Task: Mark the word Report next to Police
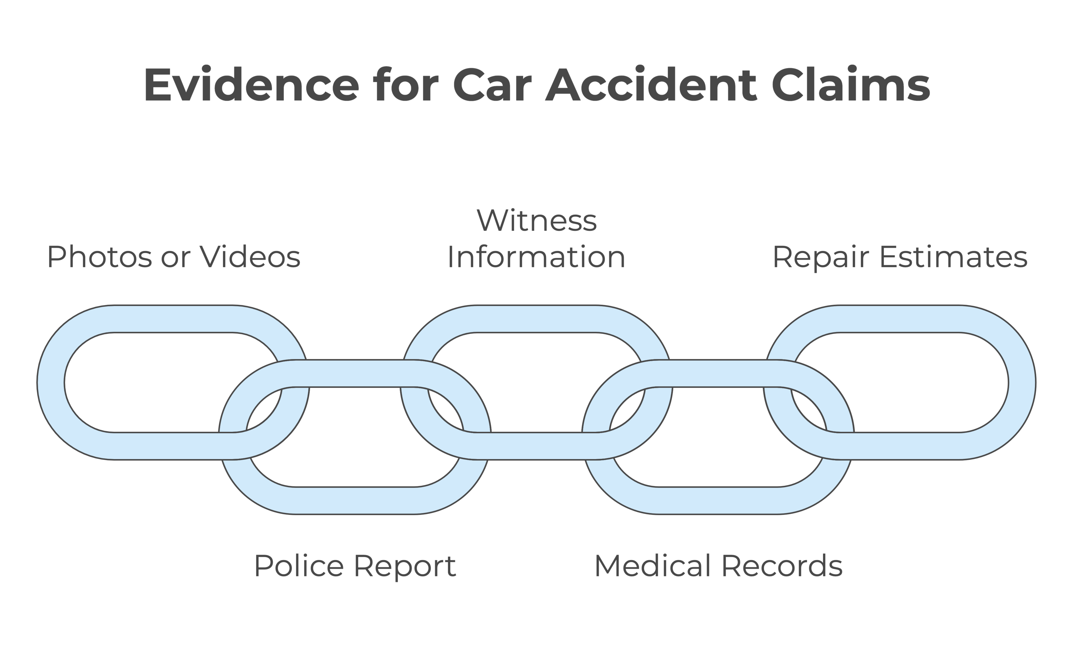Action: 405,566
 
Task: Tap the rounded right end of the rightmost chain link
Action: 1022,382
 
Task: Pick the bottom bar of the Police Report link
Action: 355,501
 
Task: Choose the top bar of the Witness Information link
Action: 536,319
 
